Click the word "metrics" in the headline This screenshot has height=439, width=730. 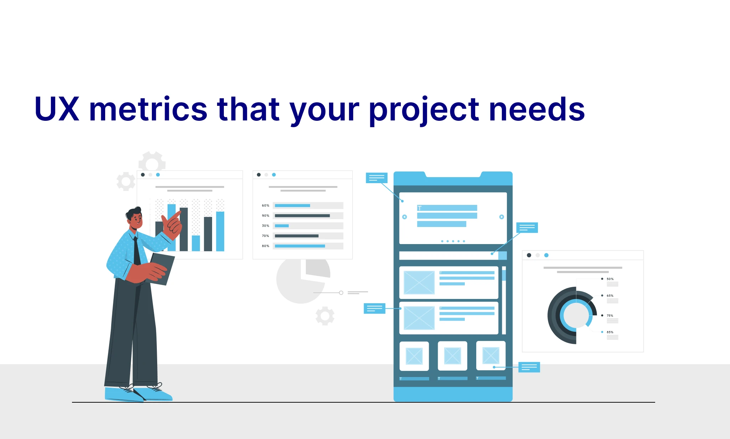point(148,109)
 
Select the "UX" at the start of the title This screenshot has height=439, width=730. point(57,109)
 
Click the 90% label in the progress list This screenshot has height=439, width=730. point(266,216)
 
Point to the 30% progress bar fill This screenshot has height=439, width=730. point(282,226)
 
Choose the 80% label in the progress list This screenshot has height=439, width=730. point(266,246)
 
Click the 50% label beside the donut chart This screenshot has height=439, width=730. point(610,279)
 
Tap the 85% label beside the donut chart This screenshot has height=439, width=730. point(610,332)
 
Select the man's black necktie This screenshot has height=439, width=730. point(137,251)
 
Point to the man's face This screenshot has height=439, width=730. point(136,221)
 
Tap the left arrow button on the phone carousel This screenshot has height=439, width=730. point(405,217)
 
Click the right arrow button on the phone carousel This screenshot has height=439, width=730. point(502,217)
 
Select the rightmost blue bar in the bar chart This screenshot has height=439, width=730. point(220,231)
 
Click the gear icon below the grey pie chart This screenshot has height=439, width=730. point(325,316)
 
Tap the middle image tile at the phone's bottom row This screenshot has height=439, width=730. point(452,356)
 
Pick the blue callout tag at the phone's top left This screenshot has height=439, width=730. point(376,178)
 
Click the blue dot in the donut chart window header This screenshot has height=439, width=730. point(546,255)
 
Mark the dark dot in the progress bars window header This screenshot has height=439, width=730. point(259,175)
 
